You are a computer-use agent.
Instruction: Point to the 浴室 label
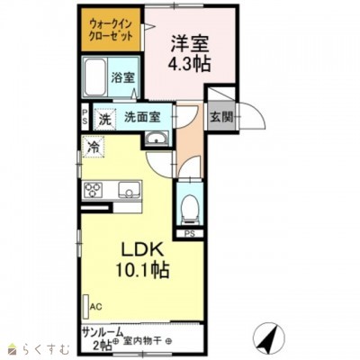click(x=122, y=78)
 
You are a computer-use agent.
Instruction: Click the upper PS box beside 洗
click(x=85, y=117)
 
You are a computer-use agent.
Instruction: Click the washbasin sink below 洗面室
click(x=156, y=138)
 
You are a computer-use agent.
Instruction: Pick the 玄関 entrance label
click(x=222, y=116)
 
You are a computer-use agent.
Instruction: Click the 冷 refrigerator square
click(x=94, y=144)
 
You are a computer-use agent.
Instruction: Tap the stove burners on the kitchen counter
click(x=94, y=189)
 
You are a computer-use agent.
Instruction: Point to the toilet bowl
click(x=190, y=208)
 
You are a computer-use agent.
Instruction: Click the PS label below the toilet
click(x=190, y=236)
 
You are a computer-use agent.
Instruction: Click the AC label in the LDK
click(x=95, y=306)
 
